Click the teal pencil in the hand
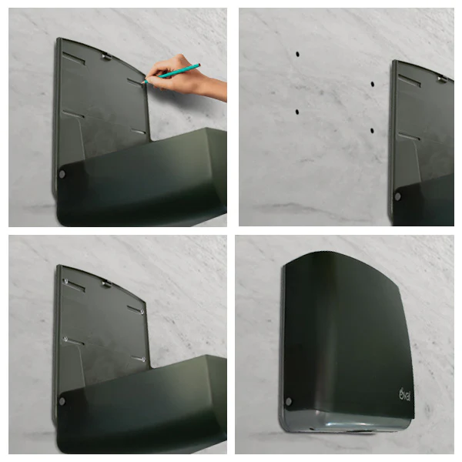172,73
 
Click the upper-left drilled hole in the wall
297,54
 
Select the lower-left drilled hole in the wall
297,112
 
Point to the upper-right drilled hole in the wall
373,84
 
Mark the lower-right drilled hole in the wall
372,131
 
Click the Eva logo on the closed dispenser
404,394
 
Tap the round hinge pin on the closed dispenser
289,401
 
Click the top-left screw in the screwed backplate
65,281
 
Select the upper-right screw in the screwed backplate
142,311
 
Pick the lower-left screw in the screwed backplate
65,339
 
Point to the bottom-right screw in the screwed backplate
143,360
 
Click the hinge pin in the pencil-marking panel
62,174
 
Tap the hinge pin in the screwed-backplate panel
62,401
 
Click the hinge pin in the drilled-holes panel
398,196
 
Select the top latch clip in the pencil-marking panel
106,57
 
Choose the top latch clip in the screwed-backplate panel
106,284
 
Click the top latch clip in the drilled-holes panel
442,79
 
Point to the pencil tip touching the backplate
143,83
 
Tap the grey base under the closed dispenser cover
345,421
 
